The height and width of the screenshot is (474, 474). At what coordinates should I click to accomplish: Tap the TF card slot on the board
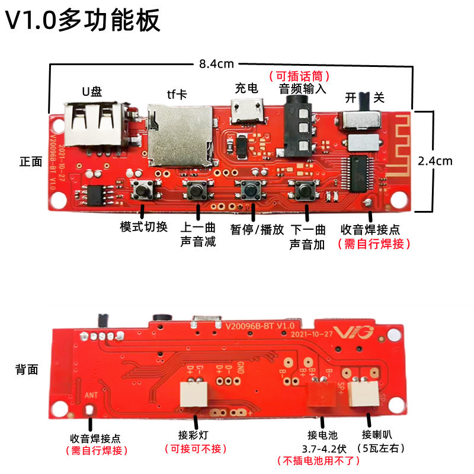pyautogui.click(x=181, y=133)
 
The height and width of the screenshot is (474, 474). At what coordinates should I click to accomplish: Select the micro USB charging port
pyautogui.click(x=246, y=111)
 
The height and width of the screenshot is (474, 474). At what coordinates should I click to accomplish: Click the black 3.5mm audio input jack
pyautogui.click(x=300, y=124)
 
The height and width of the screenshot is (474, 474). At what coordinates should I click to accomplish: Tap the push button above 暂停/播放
pyautogui.click(x=251, y=191)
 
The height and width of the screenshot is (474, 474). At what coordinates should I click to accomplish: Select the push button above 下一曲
pyautogui.click(x=303, y=191)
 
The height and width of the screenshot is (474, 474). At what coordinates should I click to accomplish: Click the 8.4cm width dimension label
pyautogui.click(x=216, y=64)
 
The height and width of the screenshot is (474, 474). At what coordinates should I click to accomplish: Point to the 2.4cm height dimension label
pyautogui.click(x=435, y=160)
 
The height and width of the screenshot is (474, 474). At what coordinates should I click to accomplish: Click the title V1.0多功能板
pyautogui.click(x=83, y=21)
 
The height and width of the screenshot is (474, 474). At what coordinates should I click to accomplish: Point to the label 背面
pyautogui.click(x=27, y=370)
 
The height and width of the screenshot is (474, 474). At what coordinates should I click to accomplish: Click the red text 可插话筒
pyautogui.click(x=299, y=76)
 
